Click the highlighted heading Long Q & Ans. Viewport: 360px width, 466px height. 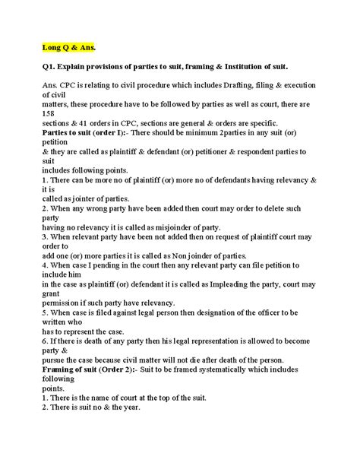pyautogui.click(x=69, y=44)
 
